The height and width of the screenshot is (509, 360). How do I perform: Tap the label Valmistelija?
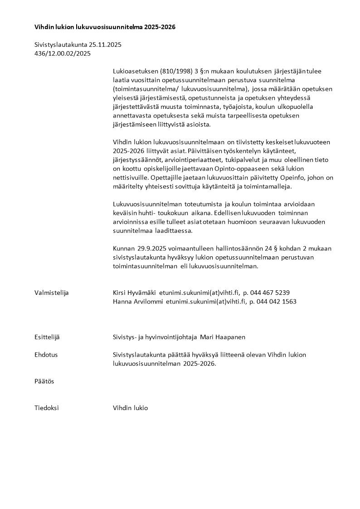tap(51, 293)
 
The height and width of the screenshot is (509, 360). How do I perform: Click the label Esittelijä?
tap(47, 337)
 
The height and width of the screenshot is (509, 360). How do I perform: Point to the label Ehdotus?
tap(46, 355)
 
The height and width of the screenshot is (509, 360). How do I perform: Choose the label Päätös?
tap(44, 381)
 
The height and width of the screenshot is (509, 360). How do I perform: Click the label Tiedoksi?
tap(47, 408)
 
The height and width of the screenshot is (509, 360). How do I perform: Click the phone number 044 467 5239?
tap(270, 293)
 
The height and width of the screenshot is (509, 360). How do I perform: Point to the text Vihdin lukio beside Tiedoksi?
tap(130, 408)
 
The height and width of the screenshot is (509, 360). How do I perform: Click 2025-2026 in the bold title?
tap(160, 27)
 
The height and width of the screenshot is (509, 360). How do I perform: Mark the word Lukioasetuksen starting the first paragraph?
tap(134, 71)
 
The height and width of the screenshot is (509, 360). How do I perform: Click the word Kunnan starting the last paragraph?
tap(123, 249)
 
